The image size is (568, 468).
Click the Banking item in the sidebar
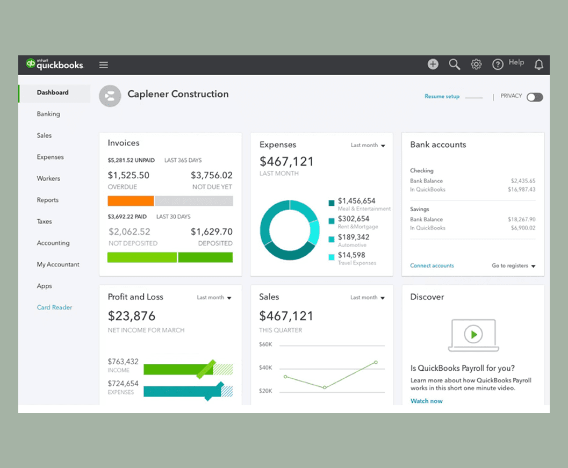(x=48, y=114)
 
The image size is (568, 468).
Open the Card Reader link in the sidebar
(x=54, y=307)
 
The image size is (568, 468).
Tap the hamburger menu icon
(x=104, y=65)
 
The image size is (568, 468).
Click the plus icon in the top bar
(x=433, y=64)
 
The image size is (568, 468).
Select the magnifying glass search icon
(x=455, y=64)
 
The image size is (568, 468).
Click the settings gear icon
(x=476, y=64)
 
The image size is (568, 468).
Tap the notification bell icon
(x=538, y=65)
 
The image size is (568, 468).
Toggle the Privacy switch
(x=535, y=97)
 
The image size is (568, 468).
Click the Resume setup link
(x=442, y=97)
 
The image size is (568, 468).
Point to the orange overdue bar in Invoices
(x=131, y=201)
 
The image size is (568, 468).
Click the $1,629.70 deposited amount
(x=212, y=232)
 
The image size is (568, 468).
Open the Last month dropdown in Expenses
(x=368, y=146)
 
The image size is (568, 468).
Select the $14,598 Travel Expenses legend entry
(x=351, y=255)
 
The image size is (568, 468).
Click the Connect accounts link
(x=432, y=266)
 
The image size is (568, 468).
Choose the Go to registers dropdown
(x=514, y=266)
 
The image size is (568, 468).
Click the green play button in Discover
(x=473, y=334)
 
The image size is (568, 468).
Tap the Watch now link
(x=427, y=401)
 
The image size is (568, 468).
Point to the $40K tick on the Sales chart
(x=266, y=368)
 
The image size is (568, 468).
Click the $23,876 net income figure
(x=132, y=316)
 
